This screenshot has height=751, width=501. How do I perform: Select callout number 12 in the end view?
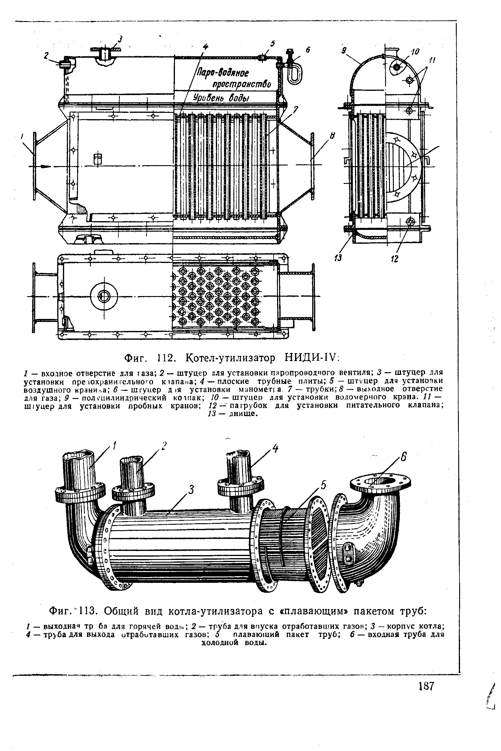395,259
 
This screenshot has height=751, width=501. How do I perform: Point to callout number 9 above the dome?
344,51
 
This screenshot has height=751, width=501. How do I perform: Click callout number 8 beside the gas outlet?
333,136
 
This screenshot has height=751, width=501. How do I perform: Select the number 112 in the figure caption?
167,358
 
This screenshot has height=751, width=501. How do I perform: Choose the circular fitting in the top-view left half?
103,296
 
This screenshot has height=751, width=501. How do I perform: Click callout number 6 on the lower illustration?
403,458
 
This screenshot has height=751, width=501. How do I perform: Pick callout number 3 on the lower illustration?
191,490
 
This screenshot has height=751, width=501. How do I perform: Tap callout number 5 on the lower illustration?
323,485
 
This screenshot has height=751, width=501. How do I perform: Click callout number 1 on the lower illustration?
114,445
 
